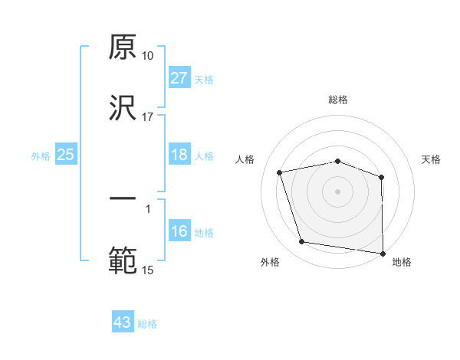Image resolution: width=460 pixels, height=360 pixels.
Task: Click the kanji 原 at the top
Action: click(x=123, y=47)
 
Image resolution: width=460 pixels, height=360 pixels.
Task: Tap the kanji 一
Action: click(x=123, y=198)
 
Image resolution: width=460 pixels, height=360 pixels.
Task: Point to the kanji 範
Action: click(x=123, y=260)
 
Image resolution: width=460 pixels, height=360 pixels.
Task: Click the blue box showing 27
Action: click(x=179, y=78)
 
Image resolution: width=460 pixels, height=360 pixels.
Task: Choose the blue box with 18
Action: click(x=179, y=155)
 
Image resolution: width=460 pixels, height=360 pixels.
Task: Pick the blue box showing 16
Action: click(x=179, y=231)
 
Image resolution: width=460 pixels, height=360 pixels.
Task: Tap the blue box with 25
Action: click(x=66, y=155)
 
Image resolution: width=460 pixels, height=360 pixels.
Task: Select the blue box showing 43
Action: click(x=123, y=322)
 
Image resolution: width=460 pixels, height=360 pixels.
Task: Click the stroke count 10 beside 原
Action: click(x=147, y=56)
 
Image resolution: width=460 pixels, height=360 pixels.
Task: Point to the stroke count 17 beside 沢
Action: click(x=147, y=117)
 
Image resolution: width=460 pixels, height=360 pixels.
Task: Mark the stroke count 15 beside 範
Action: click(x=147, y=270)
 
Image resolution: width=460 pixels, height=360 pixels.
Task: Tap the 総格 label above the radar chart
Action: click(x=338, y=100)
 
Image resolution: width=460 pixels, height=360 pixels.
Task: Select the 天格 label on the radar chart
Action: click(x=432, y=159)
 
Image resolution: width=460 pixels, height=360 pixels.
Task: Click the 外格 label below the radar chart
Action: click(x=270, y=263)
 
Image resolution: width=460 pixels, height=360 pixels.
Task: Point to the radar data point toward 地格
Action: click(x=383, y=252)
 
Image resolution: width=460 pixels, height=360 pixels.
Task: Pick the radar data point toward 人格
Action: click(x=280, y=172)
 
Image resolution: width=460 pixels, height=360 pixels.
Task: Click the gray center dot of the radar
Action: click(x=338, y=191)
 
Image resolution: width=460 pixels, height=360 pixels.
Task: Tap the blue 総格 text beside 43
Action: click(x=147, y=324)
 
